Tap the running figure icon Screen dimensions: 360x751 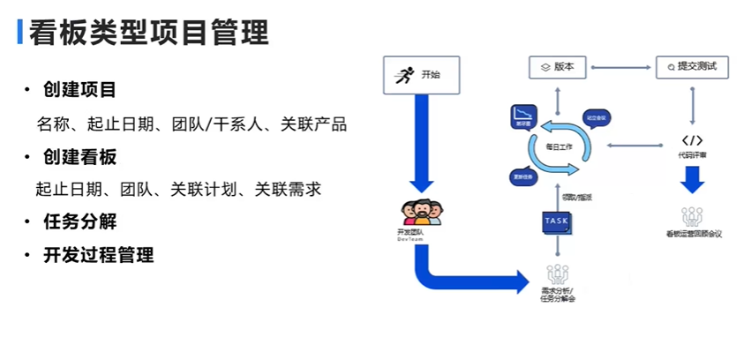tap(405, 75)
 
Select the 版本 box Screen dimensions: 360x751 tap(558, 66)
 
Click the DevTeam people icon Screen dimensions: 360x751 tap(421, 213)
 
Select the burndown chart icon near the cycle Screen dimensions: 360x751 tap(526, 116)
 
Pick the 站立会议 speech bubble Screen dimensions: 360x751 tap(597, 117)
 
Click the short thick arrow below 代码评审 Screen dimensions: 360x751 tap(692, 179)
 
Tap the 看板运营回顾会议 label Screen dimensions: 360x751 tap(693, 234)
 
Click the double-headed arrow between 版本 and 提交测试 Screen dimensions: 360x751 tap(622, 66)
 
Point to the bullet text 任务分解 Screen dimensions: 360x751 tap(79, 221)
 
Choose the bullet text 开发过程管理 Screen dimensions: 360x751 tap(98, 255)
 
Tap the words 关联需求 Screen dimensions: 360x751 tap(288, 188)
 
